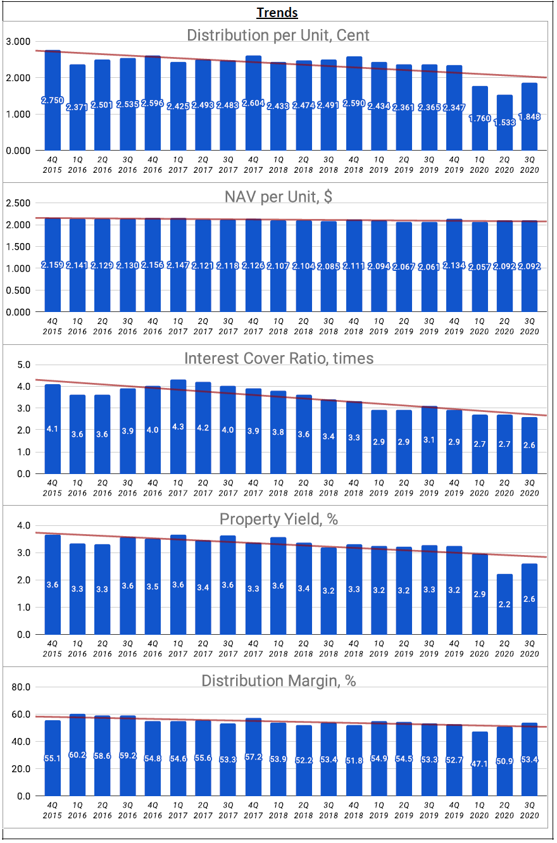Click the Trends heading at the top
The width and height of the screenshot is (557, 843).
(x=277, y=13)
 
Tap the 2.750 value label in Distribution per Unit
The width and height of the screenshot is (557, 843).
(x=53, y=101)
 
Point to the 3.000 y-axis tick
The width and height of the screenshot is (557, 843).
(x=18, y=42)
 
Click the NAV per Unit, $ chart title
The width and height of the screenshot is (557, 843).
(x=278, y=196)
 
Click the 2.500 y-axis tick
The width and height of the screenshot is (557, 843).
(x=18, y=203)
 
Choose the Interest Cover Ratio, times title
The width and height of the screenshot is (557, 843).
(x=278, y=358)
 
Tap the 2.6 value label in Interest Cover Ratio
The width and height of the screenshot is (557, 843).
(x=529, y=445)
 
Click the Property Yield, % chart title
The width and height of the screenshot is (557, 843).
(x=278, y=519)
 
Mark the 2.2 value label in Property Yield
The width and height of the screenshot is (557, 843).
(x=504, y=605)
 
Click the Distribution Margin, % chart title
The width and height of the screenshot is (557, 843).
(x=278, y=680)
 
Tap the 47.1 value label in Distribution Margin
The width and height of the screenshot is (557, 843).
(x=479, y=759)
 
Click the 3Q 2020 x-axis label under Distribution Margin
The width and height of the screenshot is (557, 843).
(x=529, y=810)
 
